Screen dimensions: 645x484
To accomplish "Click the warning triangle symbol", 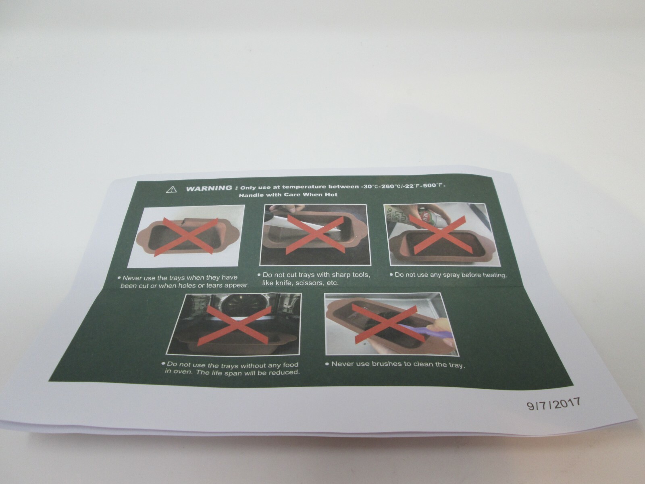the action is (171, 190).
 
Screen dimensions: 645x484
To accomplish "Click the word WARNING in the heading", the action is (209, 188).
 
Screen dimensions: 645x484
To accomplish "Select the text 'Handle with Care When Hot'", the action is (288, 194).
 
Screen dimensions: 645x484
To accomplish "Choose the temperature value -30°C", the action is (370, 186).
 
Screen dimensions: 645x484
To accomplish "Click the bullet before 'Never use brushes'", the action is (327, 364).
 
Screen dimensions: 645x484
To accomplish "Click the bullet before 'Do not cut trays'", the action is (259, 275).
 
